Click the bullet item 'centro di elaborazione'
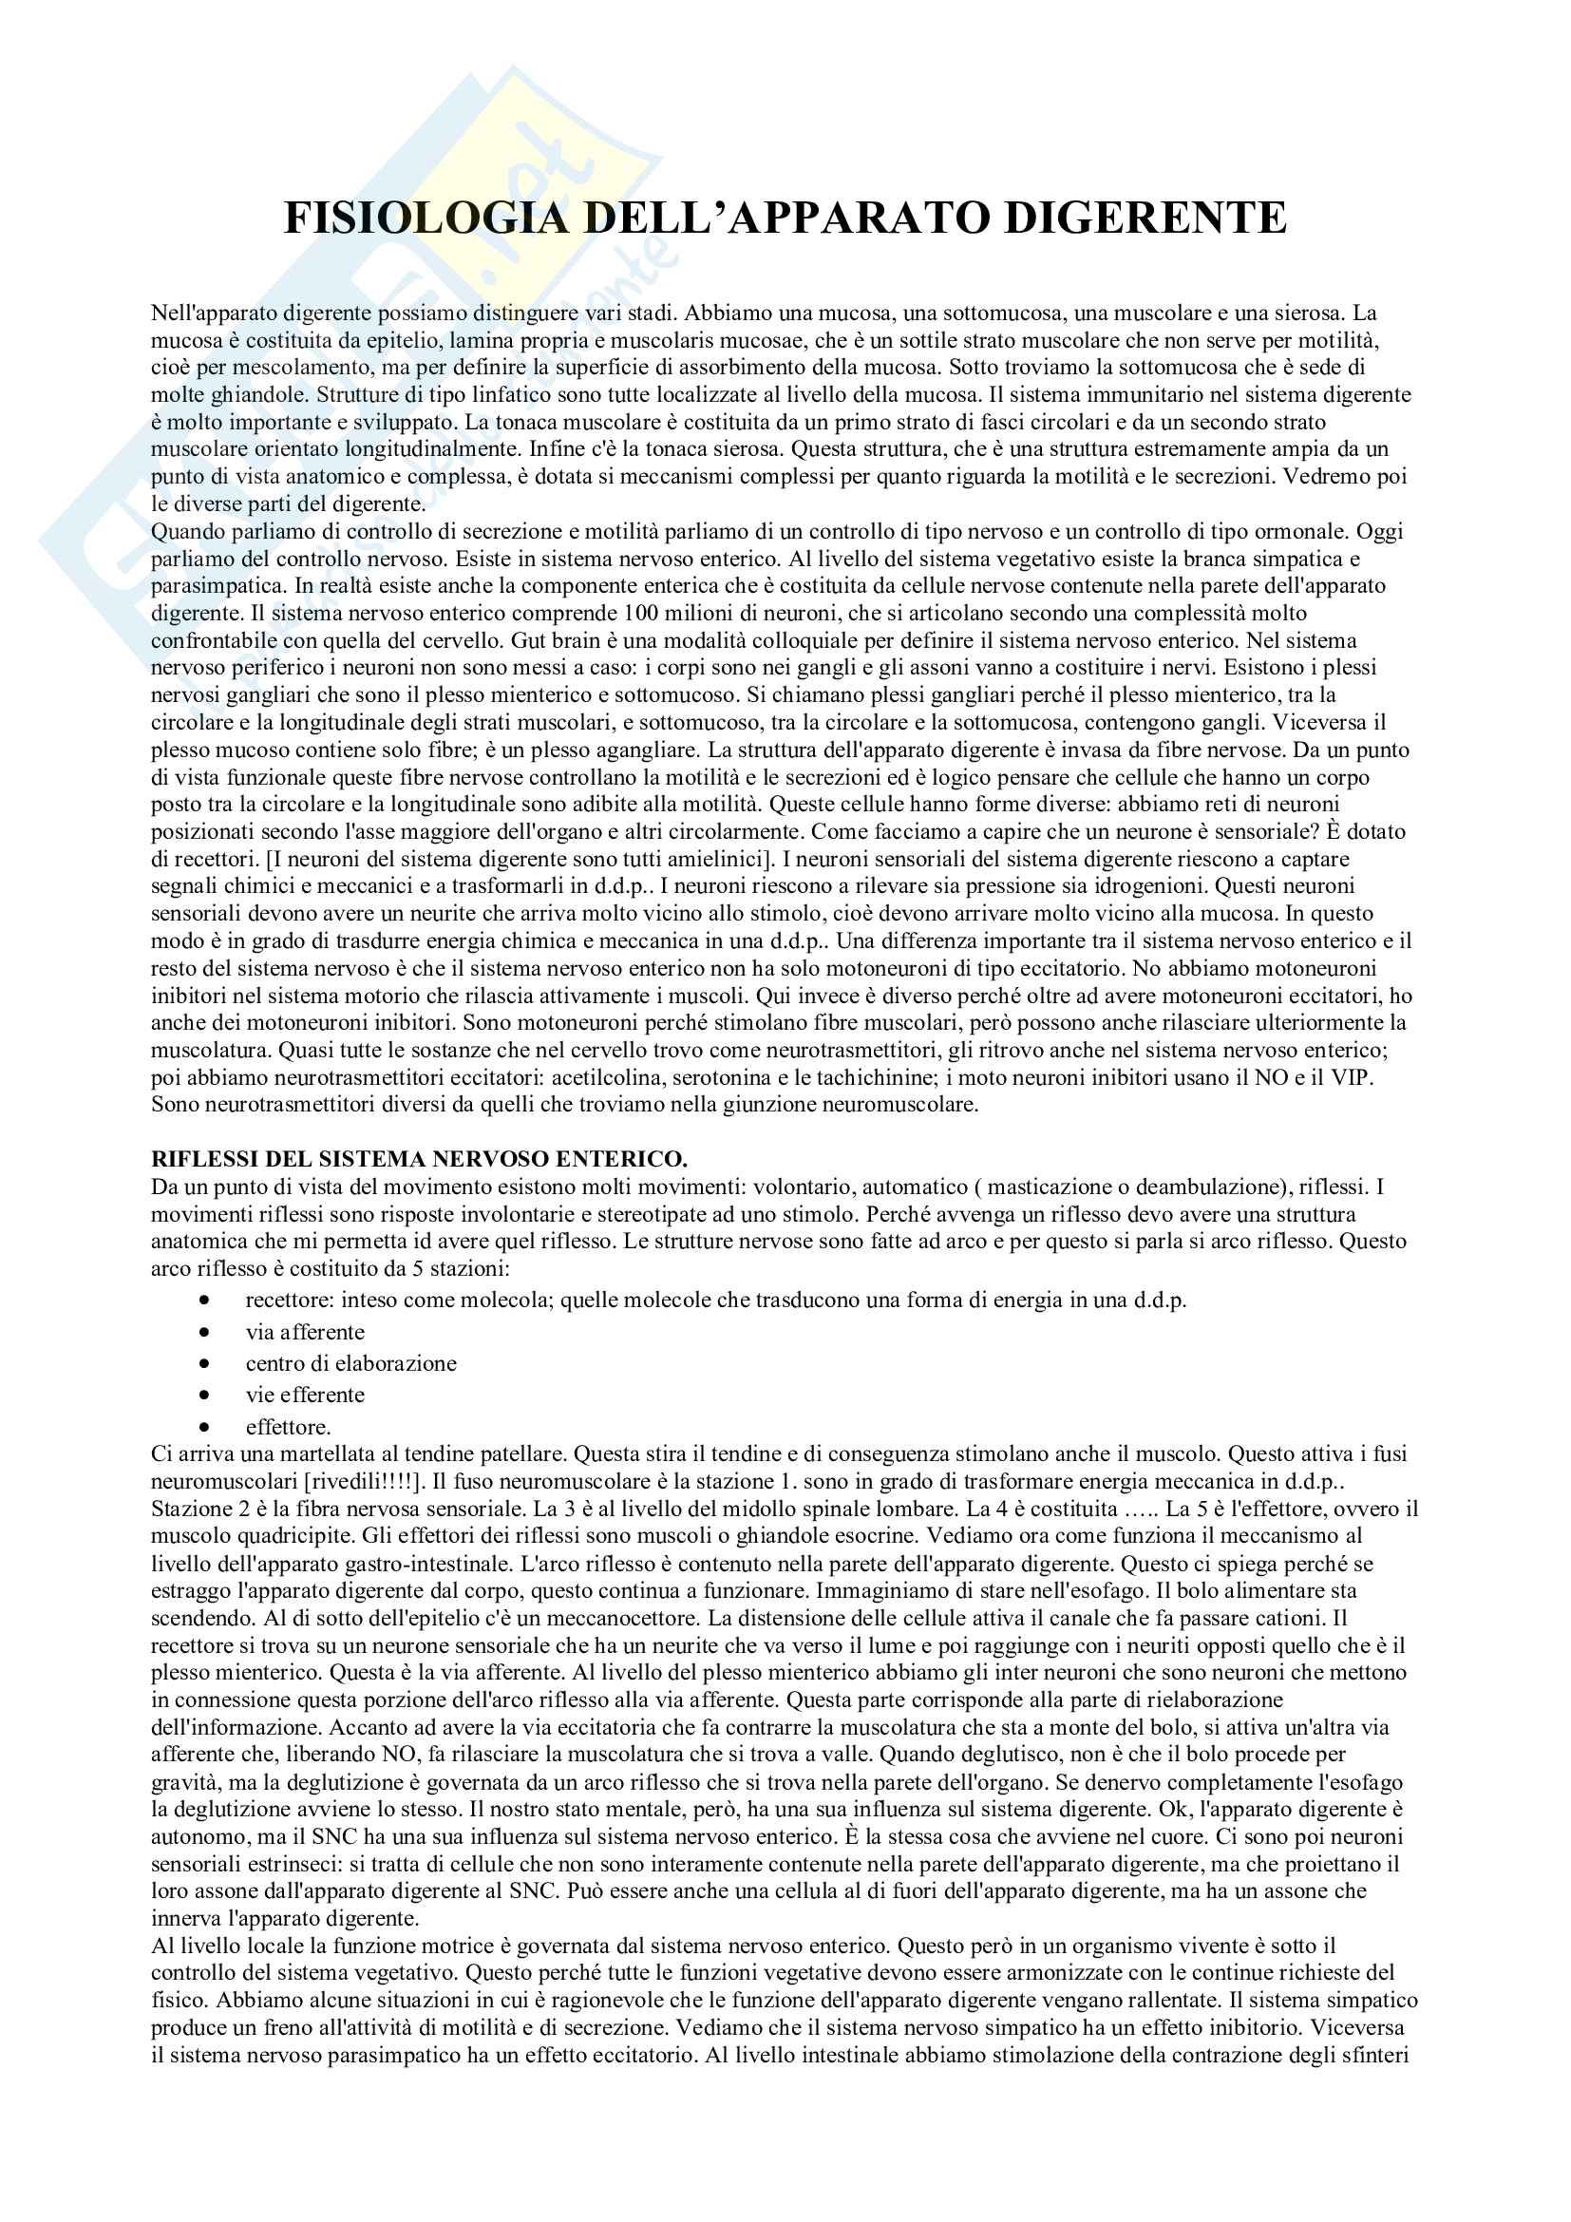click(x=350, y=1363)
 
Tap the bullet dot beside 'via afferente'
click(x=204, y=1333)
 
